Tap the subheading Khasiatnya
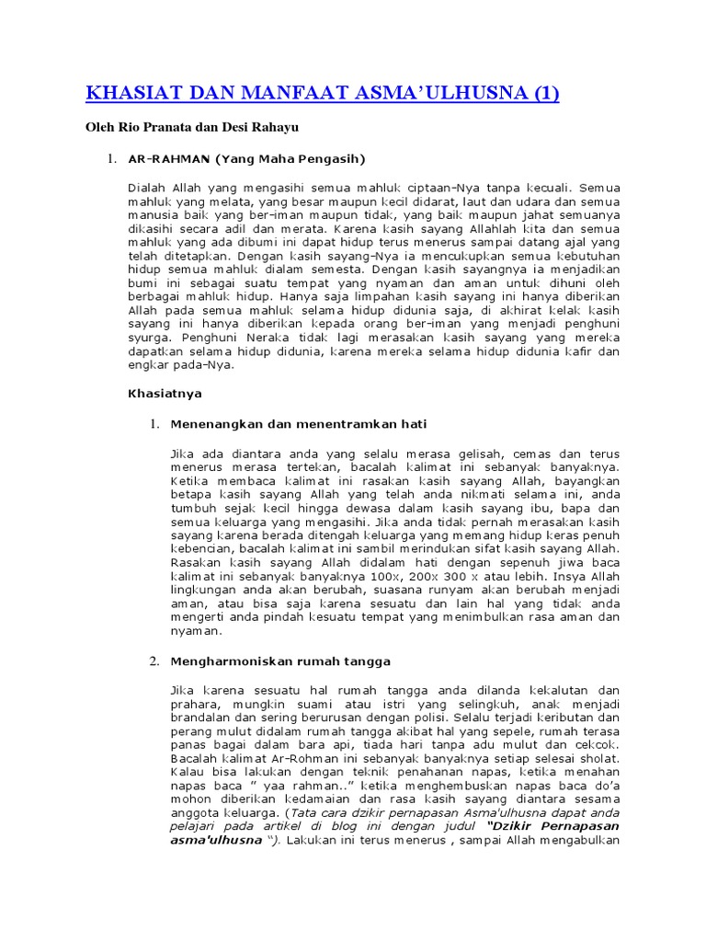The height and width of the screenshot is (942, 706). pyautogui.click(x=165, y=393)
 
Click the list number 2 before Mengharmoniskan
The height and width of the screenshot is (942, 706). pyautogui.click(x=154, y=661)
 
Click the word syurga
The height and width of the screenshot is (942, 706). pyautogui.click(x=148, y=338)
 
